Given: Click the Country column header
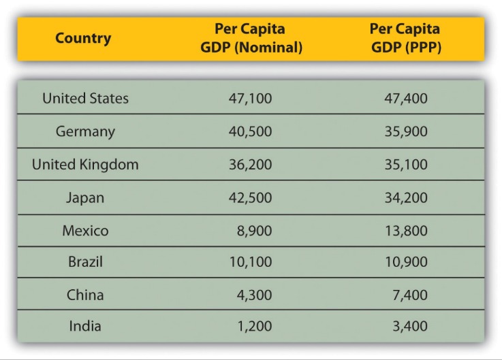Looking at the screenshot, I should [x=83, y=38].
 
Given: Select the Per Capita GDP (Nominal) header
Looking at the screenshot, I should [x=249, y=38].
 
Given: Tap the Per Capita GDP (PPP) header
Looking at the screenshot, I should [x=405, y=38].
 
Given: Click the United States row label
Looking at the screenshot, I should [x=85, y=98].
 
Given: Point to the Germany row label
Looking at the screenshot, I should [x=85, y=131].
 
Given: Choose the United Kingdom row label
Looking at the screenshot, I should [x=85, y=164].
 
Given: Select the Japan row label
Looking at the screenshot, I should [x=85, y=197].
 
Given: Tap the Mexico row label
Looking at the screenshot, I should [x=85, y=231].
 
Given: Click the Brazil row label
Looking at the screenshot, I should [x=85, y=262].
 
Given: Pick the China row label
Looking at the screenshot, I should [x=85, y=295].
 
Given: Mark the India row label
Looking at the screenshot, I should [x=85, y=326].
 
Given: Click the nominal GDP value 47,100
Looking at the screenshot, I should [x=250, y=99].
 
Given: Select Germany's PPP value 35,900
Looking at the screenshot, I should [x=406, y=131].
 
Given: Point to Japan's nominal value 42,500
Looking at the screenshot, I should [x=250, y=197].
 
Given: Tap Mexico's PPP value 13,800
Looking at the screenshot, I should [x=406, y=231].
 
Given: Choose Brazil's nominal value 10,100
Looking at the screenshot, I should [x=250, y=262].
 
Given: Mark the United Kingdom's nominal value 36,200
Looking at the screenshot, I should [x=250, y=164].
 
